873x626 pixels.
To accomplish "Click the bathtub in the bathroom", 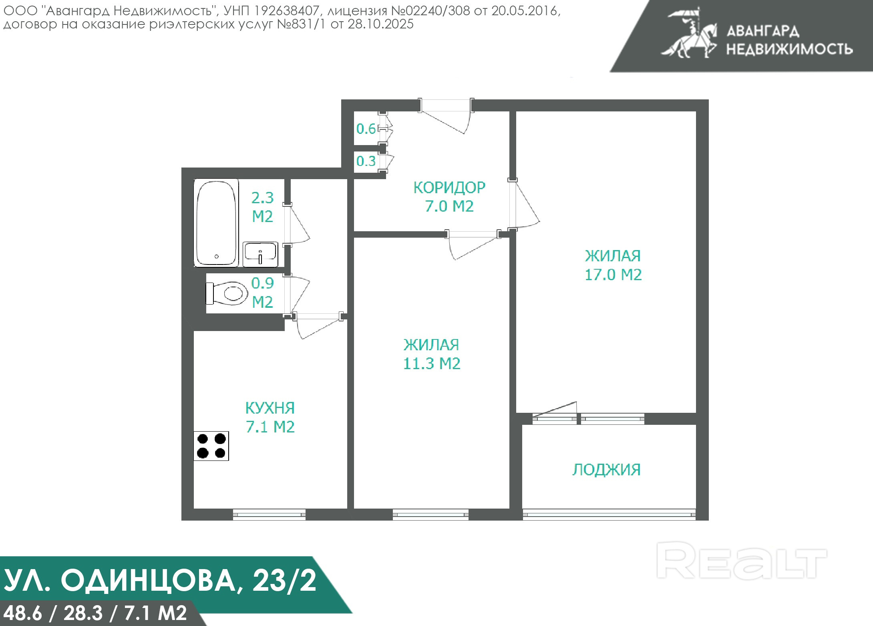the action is pyautogui.click(x=216, y=223).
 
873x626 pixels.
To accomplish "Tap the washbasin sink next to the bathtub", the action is pyautogui.click(x=260, y=254).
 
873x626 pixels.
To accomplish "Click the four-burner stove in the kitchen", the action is pyautogui.click(x=211, y=446).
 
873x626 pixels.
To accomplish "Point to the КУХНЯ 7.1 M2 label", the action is pyautogui.click(x=270, y=417).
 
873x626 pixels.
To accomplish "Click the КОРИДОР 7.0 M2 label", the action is pyautogui.click(x=449, y=196).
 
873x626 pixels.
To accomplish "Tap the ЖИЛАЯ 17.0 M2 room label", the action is pyautogui.click(x=613, y=265).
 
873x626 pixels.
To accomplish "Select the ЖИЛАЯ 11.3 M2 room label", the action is pyautogui.click(x=432, y=354).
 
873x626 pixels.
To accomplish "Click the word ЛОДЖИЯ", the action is pyautogui.click(x=607, y=469).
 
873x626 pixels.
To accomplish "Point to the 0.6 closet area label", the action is pyautogui.click(x=366, y=129).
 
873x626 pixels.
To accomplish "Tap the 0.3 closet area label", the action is pyautogui.click(x=366, y=161).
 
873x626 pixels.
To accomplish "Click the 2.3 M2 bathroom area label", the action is pyautogui.click(x=262, y=207).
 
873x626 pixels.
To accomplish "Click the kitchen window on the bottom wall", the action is pyautogui.click(x=269, y=515).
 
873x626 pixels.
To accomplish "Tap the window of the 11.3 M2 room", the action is pyautogui.click(x=430, y=515).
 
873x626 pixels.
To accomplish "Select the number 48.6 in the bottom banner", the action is pyautogui.click(x=22, y=613).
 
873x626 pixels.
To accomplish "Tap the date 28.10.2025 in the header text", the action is pyautogui.click(x=380, y=24).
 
